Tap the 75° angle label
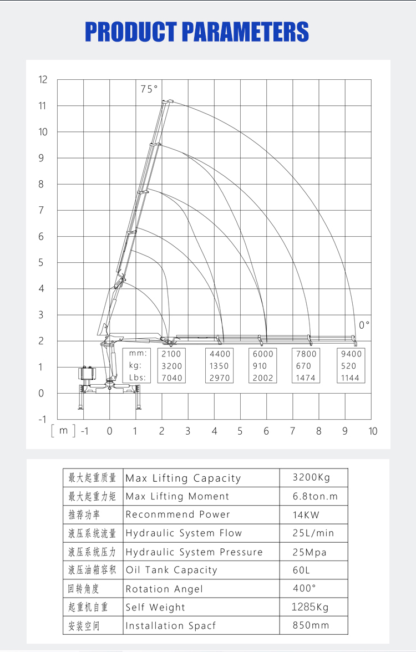pyautogui.click(x=149, y=89)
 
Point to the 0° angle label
pyautogui.click(x=364, y=325)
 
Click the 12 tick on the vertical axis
pyautogui.click(x=43, y=80)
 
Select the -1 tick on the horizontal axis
pyautogui.click(x=84, y=431)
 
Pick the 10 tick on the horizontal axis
pyautogui.click(x=372, y=431)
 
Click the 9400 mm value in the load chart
pyautogui.click(x=351, y=354)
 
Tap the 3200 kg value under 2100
pyautogui.click(x=171, y=366)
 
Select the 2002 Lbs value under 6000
pyautogui.click(x=263, y=378)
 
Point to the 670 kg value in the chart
pyautogui.click(x=306, y=366)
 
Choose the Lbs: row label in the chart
pyautogui.click(x=136, y=378)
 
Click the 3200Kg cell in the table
pyautogui.click(x=313, y=478)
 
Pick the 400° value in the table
pyautogui.click(x=305, y=588)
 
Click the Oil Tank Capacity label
pyautogui.click(x=171, y=570)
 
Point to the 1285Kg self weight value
pyautogui.click(x=310, y=607)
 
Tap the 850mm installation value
pyautogui.click(x=311, y=625)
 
